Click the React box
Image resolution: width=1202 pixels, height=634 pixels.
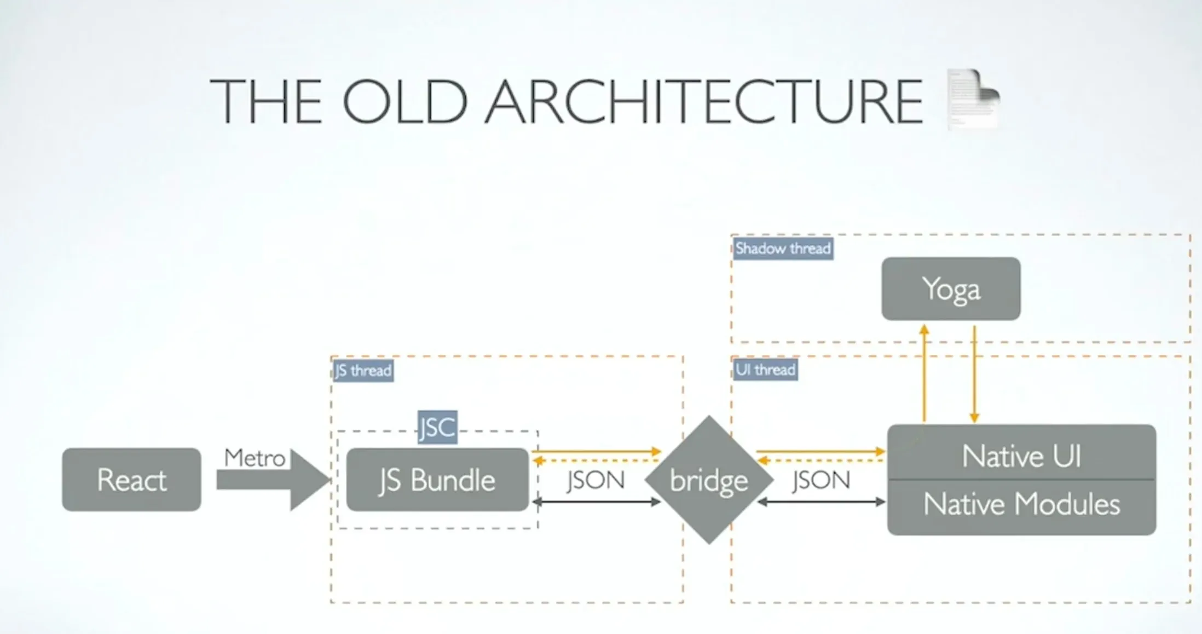tap(131, 480)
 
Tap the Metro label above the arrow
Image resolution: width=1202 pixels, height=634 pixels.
tap(255, 458)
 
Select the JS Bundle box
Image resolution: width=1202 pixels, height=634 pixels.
tap(437, 480)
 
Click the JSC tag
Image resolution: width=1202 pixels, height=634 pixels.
tap(437, 427)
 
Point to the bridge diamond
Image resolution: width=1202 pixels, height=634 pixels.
tap(709, 480)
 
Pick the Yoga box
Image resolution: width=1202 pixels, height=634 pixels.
tap(951, 289)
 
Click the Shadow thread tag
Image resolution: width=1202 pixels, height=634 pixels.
tap(783, 249)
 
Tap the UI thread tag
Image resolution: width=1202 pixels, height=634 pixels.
tap(765, 370)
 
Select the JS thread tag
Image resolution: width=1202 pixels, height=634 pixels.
tap(363, 371)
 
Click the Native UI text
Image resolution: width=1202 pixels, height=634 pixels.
tap(1021, 456)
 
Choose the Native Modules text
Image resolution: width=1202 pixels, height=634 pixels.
tap(1021, 504)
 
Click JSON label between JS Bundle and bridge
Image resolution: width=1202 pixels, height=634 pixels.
tap(596, 480)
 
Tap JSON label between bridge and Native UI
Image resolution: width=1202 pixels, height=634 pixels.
tap(821, 480)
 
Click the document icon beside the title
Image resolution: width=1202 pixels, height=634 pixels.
tap(973, 99)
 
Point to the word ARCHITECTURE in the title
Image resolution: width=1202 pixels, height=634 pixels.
tap(704, 102)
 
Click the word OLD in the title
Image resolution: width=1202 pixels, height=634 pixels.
tap(404, 102)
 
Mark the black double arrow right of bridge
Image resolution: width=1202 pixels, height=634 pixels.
tap(821, 502)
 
